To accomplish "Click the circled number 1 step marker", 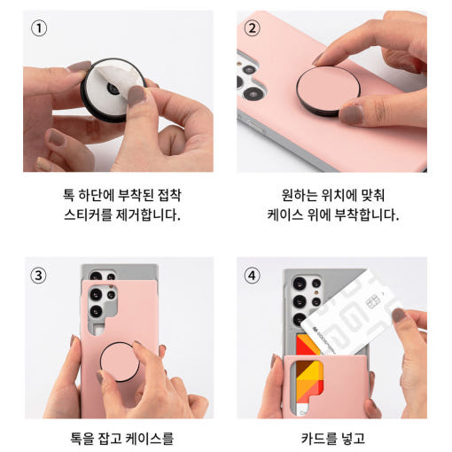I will click(38, 27).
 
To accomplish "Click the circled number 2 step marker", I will click(252, 27).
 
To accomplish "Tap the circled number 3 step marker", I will click(38, 274).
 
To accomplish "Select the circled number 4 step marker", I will click(252, 274).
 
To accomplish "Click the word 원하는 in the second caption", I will click(290, 193).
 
